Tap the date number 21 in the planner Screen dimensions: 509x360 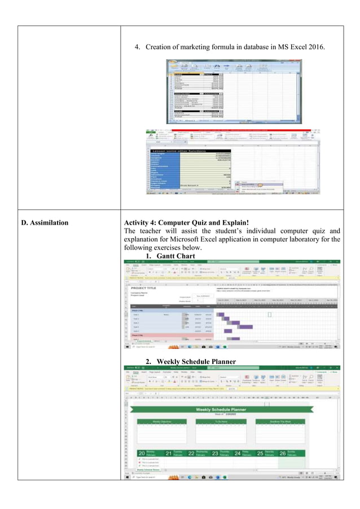[x=168, y=453]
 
